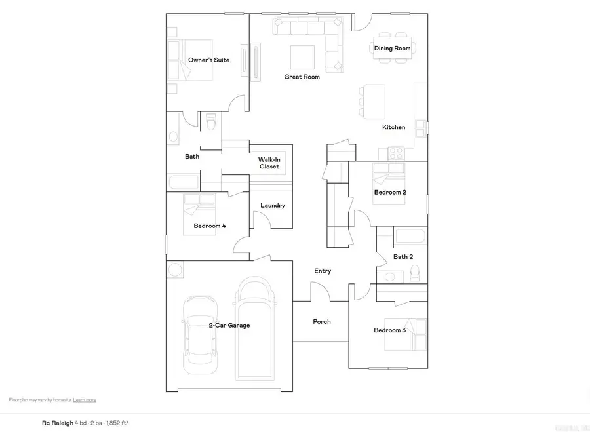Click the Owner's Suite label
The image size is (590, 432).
pyautogui.click(x=208, y=60)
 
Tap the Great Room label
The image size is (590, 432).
pyautogui.click(x=302, y=77)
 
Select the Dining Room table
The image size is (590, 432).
pyautogui.click(x=392, y=49)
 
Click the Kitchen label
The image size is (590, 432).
pyautogui.click(x=394, y=127)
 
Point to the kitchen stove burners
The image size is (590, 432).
pyautogui.click(x=396, y=153)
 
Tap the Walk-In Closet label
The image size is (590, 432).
pyautogui.click(x=269, y=163)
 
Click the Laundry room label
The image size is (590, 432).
pyautogui.click(x=273, y=206)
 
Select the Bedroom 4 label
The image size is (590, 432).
pyautogui.click(x=210, y=226)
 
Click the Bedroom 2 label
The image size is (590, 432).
pyautogui.click(x=390, y=193)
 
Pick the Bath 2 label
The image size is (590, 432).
pyautogui.click(x=403, y=257)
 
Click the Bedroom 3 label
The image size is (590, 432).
pyautogui.click(x=390, y=330)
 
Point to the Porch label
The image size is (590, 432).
pyautogui.click(x=322, y=322)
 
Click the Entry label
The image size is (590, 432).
pyautogui.click(x=323, y=271)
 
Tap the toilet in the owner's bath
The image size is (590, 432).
pyautogui.click(x=210, y=123)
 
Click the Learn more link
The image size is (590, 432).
pyautogui.click(x=85, y=399)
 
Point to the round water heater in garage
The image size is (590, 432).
pyautogui.click(x=176, y=269)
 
